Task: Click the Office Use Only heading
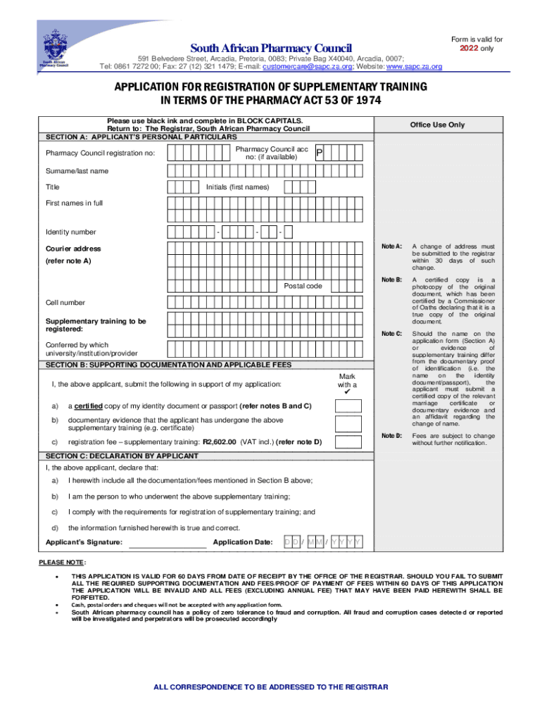[x=437, y=125]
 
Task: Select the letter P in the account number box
[x=319, y=153]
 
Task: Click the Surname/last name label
[x=77, y=171]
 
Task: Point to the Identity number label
[x=71, y=232]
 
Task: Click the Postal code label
[x=303, y=286]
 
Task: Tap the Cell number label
[x=65, y=303]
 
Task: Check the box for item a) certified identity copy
[x=348, y=406]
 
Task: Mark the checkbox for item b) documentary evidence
[x=348, y=424]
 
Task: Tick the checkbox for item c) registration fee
[x=348, y=442]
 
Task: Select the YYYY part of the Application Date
[x=348, y=542]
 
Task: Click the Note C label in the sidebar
[x=391, y=333]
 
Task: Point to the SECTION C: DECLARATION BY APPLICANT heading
[x=122, y=456]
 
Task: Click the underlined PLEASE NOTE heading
[x=62, y=562]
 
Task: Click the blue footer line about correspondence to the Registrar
[x=270, y=687]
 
